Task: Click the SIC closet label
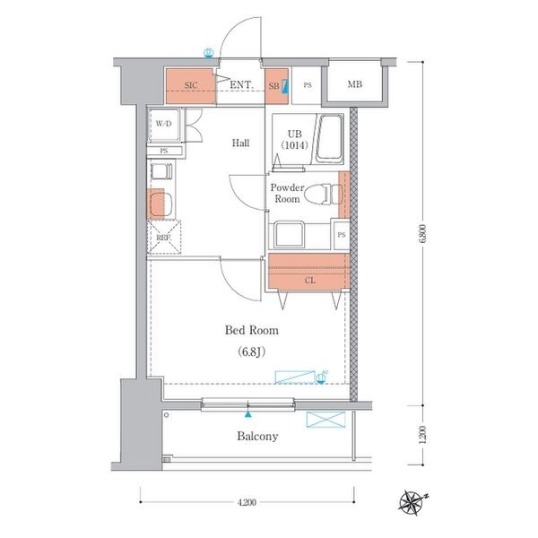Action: pyautogui.click(x=191, y=85)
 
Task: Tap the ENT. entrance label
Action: pyautogui.click(x=241, y=85)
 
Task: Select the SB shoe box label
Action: pyautogui.click(x=273, y=86)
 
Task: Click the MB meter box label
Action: pyautogui.click(x=355, y=84)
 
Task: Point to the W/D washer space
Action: pyautogui.click(x=164, y=126)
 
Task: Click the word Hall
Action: pyautogui.click(x=240, y=143)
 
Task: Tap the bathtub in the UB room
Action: pyautogui.click(x=329, y=139)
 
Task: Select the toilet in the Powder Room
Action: pyautogui.click(x=323, y=195)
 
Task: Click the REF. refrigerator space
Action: pyautogui.click(x=164, y=237)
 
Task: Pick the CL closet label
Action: pyautogui.click(x=310, y=281)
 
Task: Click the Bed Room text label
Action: pyautogui.click(x=251, y=330)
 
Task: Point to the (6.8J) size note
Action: pyautogui.click(x=251, y=351)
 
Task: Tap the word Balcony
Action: pyautogui.click(x=257, y=436)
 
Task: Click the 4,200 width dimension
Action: pyautogui.click(x=247, y=502)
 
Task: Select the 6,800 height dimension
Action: pyautogui.click(x=422, y=234)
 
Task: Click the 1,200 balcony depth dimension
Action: pyautogui.click(x=422, y=435)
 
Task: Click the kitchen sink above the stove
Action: pyautogui.click(x=161, y=171)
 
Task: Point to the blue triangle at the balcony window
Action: pyautogui.click(x=247, y=414)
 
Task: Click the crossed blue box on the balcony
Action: pyautogui.click(x=325, y=420)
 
